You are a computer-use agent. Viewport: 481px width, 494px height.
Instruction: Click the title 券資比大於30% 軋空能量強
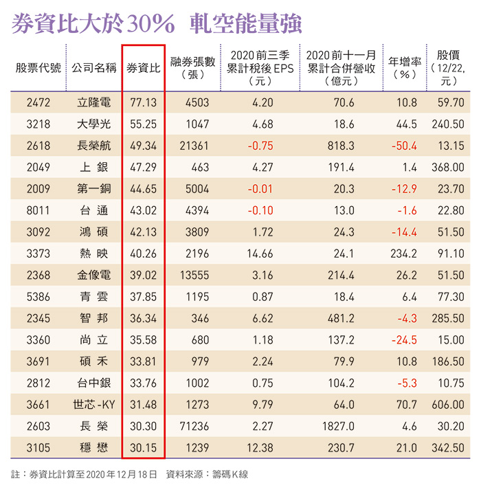coord(157,25)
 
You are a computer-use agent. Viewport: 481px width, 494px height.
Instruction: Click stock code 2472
coord(38,102)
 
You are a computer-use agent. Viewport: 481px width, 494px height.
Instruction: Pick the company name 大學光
coord(94,124)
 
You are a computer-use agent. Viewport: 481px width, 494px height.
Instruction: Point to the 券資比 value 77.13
coord(144,102)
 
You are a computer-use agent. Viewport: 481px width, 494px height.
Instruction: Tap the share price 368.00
coord(448,166)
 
